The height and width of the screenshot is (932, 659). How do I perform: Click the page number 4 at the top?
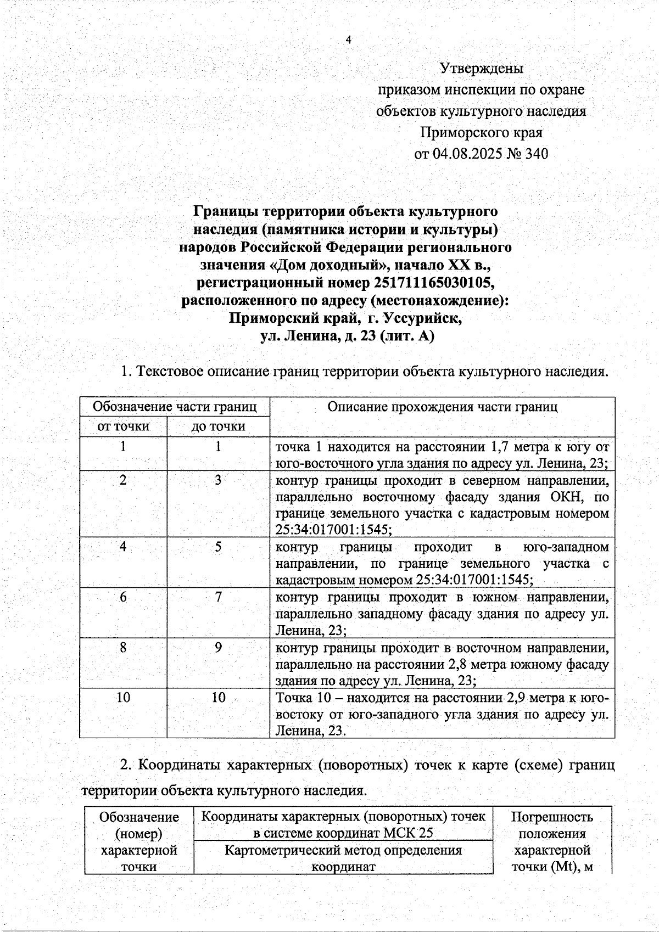[x=348, y=40]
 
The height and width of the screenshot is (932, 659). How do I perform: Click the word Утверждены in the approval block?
[x=481, y=69]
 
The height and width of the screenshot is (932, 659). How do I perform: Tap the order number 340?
[x=537, y=154]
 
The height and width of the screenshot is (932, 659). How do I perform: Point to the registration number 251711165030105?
[x=434, y=283]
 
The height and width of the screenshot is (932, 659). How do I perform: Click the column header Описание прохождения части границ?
[x=442, y=407]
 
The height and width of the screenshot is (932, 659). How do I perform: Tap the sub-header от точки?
[x=123, y=426]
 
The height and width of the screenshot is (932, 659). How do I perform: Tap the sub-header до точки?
[x=218, y=426]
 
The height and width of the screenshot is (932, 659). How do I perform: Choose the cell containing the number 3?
[x=218, y=480]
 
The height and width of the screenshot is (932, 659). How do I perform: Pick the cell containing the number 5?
[x=218, y=547]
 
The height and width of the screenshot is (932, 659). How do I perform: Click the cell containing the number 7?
[x=218, y=597]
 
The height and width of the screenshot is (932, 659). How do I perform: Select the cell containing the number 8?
[x=123, y=648]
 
